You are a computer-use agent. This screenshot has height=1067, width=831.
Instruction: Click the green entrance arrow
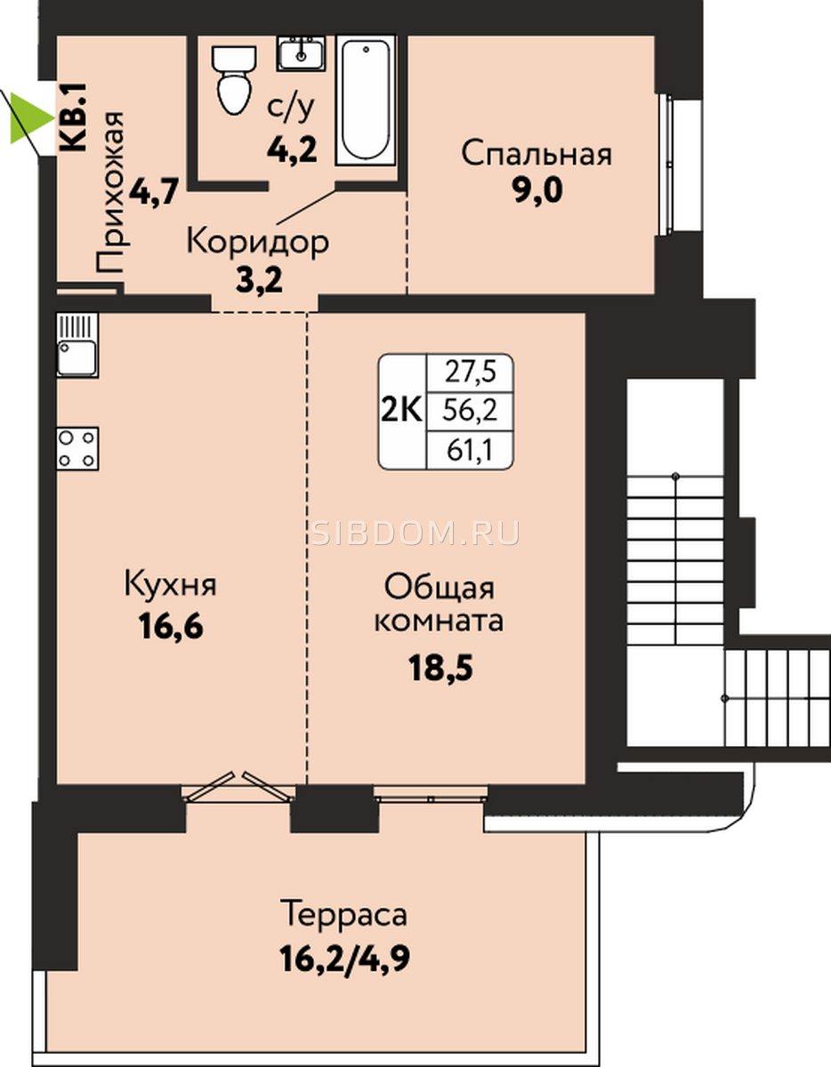(x=29, y=118)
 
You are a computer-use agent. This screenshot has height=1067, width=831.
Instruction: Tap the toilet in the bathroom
(x=234, y=80)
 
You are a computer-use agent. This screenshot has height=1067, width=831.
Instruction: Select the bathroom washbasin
(x=301, y=53)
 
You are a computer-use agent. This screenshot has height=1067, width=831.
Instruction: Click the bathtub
(x=366, y=100)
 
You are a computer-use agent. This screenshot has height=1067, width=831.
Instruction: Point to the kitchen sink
(x=77, y=345)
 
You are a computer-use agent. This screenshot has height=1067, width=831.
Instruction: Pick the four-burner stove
(x=77, y=448)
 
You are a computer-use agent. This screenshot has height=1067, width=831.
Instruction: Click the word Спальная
(x=537, y=154)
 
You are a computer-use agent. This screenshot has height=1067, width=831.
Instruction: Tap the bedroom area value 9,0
(x=537, y=191)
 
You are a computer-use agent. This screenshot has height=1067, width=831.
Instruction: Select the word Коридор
(x=257, y=242)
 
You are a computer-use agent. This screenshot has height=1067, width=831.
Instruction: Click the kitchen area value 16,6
(x=171, y=626)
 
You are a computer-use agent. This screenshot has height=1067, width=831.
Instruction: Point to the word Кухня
(x=170, y=585)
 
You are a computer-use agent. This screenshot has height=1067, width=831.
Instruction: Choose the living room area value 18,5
(x=440, y=669)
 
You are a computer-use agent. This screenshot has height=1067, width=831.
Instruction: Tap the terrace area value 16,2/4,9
(x=345, y=959)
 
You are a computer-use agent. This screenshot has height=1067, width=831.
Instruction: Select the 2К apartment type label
(x=402, y=411)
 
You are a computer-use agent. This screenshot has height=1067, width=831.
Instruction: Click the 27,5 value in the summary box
(x=471, y=373)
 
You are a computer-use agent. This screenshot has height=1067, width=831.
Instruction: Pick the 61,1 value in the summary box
(x=470, y=451)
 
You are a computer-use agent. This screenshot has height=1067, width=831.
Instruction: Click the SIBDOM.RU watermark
(x=415, y=533)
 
